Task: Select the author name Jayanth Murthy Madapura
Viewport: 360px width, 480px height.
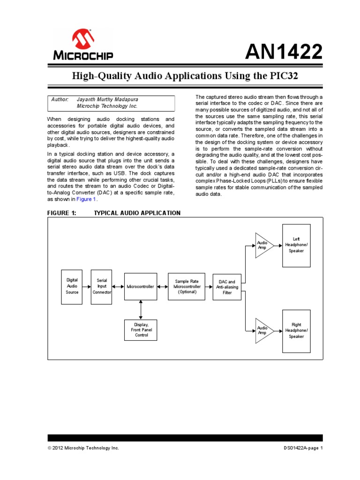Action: click(x=108, y=99)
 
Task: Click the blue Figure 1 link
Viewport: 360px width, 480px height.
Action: click(x=86, y=199)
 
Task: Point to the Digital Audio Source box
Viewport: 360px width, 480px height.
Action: click(x=72, y=286)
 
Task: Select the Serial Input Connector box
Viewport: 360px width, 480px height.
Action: click(x=102, y=286)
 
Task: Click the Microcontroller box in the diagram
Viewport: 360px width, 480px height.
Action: click(x=140, y=286)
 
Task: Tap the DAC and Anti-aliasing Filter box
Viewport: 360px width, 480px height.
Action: click(x=227, y=287)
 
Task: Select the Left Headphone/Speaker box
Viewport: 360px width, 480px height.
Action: click(x=296, y=245)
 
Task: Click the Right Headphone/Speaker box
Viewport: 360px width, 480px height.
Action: click(x=296, y=330)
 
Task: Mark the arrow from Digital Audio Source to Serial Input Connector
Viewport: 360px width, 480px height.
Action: click(x=86, y=286)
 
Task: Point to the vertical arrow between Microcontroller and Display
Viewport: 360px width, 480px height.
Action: click(x=141, y=310)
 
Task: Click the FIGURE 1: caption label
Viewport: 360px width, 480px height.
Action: click(x=61, y=213)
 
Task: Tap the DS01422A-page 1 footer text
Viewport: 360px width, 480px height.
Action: click(x=303, y=448)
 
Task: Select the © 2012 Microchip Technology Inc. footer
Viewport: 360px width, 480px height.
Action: click(x=83, y=448)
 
